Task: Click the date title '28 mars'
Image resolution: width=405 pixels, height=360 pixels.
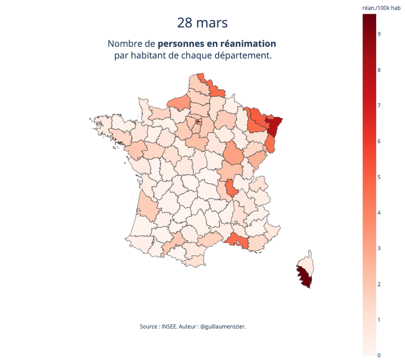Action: click(202, 23)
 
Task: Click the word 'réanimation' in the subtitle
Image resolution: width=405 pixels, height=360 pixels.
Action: click(248, 44)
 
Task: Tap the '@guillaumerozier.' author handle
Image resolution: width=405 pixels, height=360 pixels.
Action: click(223, 327)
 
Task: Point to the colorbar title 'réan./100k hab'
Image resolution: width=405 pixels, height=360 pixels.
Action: click(381, 8)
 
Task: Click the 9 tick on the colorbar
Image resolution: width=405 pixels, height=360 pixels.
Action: click(379, 34)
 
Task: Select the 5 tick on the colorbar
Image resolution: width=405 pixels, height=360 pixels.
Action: click(379, 177)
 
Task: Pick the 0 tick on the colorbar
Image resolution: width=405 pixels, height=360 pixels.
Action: click(379, 355)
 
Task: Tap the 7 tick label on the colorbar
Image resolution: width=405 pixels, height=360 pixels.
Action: click(379, 105)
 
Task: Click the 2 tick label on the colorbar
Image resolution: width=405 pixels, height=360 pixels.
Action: click(379, 285)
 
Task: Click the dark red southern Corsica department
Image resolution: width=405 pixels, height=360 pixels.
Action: click(304, 277)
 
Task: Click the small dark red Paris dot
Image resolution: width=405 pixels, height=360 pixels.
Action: click(198, 122)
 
